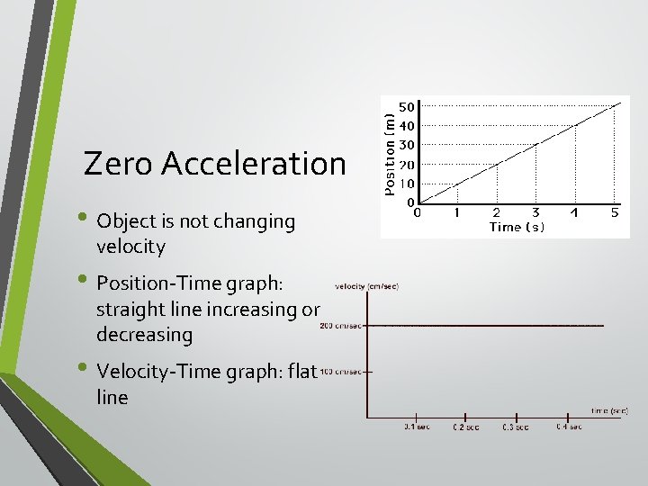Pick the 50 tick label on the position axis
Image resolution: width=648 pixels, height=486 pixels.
pos(407,107)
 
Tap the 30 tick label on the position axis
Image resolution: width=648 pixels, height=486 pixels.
pos(407,145)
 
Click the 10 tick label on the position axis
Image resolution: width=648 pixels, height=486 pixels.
pos(407,184)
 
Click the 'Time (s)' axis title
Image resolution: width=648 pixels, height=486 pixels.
pos(516,228)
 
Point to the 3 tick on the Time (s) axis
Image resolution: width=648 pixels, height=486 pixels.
pos(535,213)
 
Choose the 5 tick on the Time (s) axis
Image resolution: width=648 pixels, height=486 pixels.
pos(615,213)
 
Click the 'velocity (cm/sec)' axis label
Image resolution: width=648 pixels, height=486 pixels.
pos(366,286)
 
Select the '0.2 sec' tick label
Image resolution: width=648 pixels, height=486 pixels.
pos(465,427)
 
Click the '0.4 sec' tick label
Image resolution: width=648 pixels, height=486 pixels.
pos(568,427)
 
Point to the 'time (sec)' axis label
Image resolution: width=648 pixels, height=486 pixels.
pos(609,410)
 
